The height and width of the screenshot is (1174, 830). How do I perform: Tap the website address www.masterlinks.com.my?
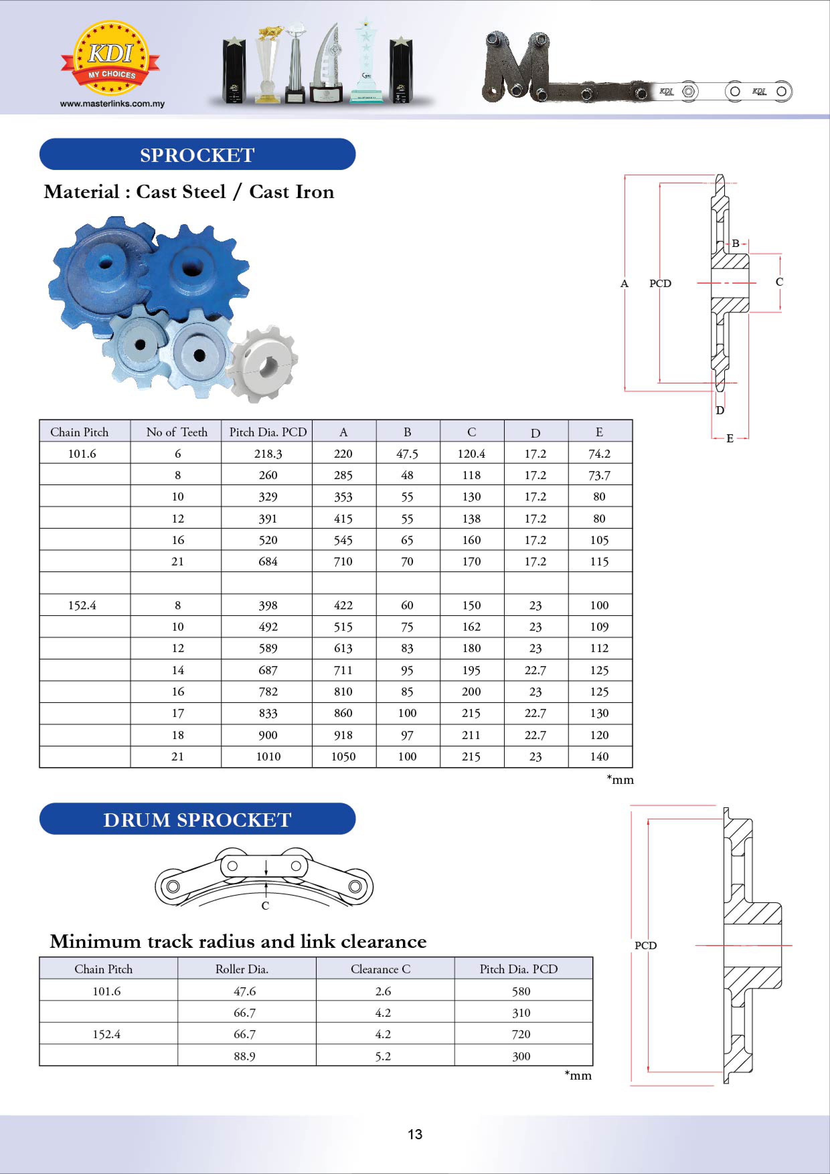pyautogui.click(x=112, y=104)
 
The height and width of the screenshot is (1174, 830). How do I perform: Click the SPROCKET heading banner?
pyautogui.click(x=197, y=155)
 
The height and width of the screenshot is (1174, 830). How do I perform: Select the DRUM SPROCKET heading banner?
pyautogui.click(x=197, y=819)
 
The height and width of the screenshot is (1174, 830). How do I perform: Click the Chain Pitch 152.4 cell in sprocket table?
pyautogui.click(x=82, y=606)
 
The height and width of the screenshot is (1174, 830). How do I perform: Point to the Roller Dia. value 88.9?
pyautogui.click(x=244, y=1056)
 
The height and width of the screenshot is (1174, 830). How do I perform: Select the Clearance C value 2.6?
pyautogui.click(x=383, y=991)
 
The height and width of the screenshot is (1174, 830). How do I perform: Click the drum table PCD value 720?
pyautogui.click(x=521, y=1034)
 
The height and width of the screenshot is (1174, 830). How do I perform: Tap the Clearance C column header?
pyautogui.click(x=381, y=969)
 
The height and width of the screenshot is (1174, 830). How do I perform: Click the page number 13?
pyautogui.click(x=415, y=1134)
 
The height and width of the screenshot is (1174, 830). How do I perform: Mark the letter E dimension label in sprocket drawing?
pyautogui.click(x=730, y=438)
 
